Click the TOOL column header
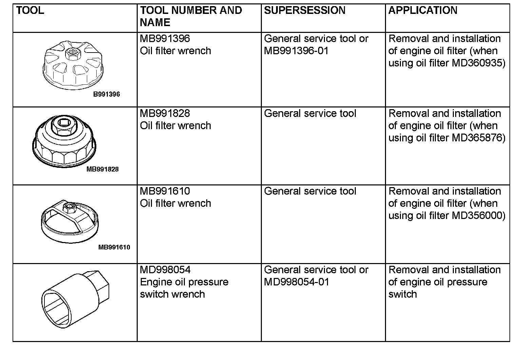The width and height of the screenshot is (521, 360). tap(30, 11)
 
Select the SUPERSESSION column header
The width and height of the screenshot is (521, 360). tap(304, 11)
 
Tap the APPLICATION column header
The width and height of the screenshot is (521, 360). tap(423, 11)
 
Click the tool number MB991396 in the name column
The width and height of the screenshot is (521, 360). tap(165, 39)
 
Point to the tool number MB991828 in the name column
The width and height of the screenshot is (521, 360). tap(165, 113)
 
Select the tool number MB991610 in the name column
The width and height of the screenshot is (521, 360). tap(165, 191)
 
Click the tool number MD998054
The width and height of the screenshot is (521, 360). tap(165, 270)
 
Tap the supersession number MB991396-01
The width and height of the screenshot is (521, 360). tap(296, 51)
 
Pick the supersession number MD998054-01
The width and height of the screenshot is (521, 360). tap(296, 282)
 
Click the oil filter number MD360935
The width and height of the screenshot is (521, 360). tap(479, 63)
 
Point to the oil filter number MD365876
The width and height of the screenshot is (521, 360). tap(479, 138)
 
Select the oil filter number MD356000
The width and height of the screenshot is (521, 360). tap(479, 216)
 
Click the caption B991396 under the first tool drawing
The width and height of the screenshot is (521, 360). tap(107, 94)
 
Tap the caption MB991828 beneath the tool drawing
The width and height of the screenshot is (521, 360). tap(102, 169)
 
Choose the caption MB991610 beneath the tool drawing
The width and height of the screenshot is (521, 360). tap(114, 247)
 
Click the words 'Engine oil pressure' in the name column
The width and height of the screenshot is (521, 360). tap(184, 282)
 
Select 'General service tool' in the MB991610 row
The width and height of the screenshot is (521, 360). tap(310, 191)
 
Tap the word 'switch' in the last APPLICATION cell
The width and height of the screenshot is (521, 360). tap(402, 294)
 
